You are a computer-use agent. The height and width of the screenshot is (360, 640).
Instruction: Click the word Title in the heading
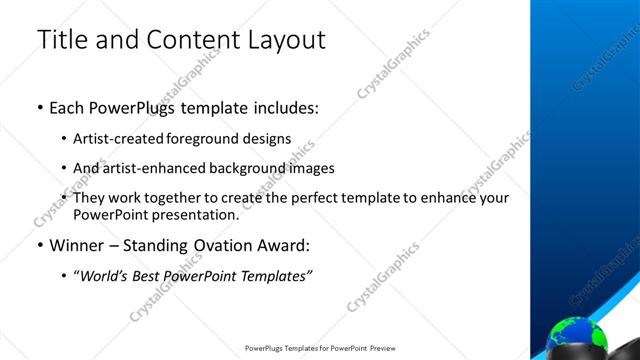coord(62,40)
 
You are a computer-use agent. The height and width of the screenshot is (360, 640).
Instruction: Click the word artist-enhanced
coord(148,168)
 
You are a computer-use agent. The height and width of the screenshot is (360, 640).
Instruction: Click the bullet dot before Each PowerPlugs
coord(40,107)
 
